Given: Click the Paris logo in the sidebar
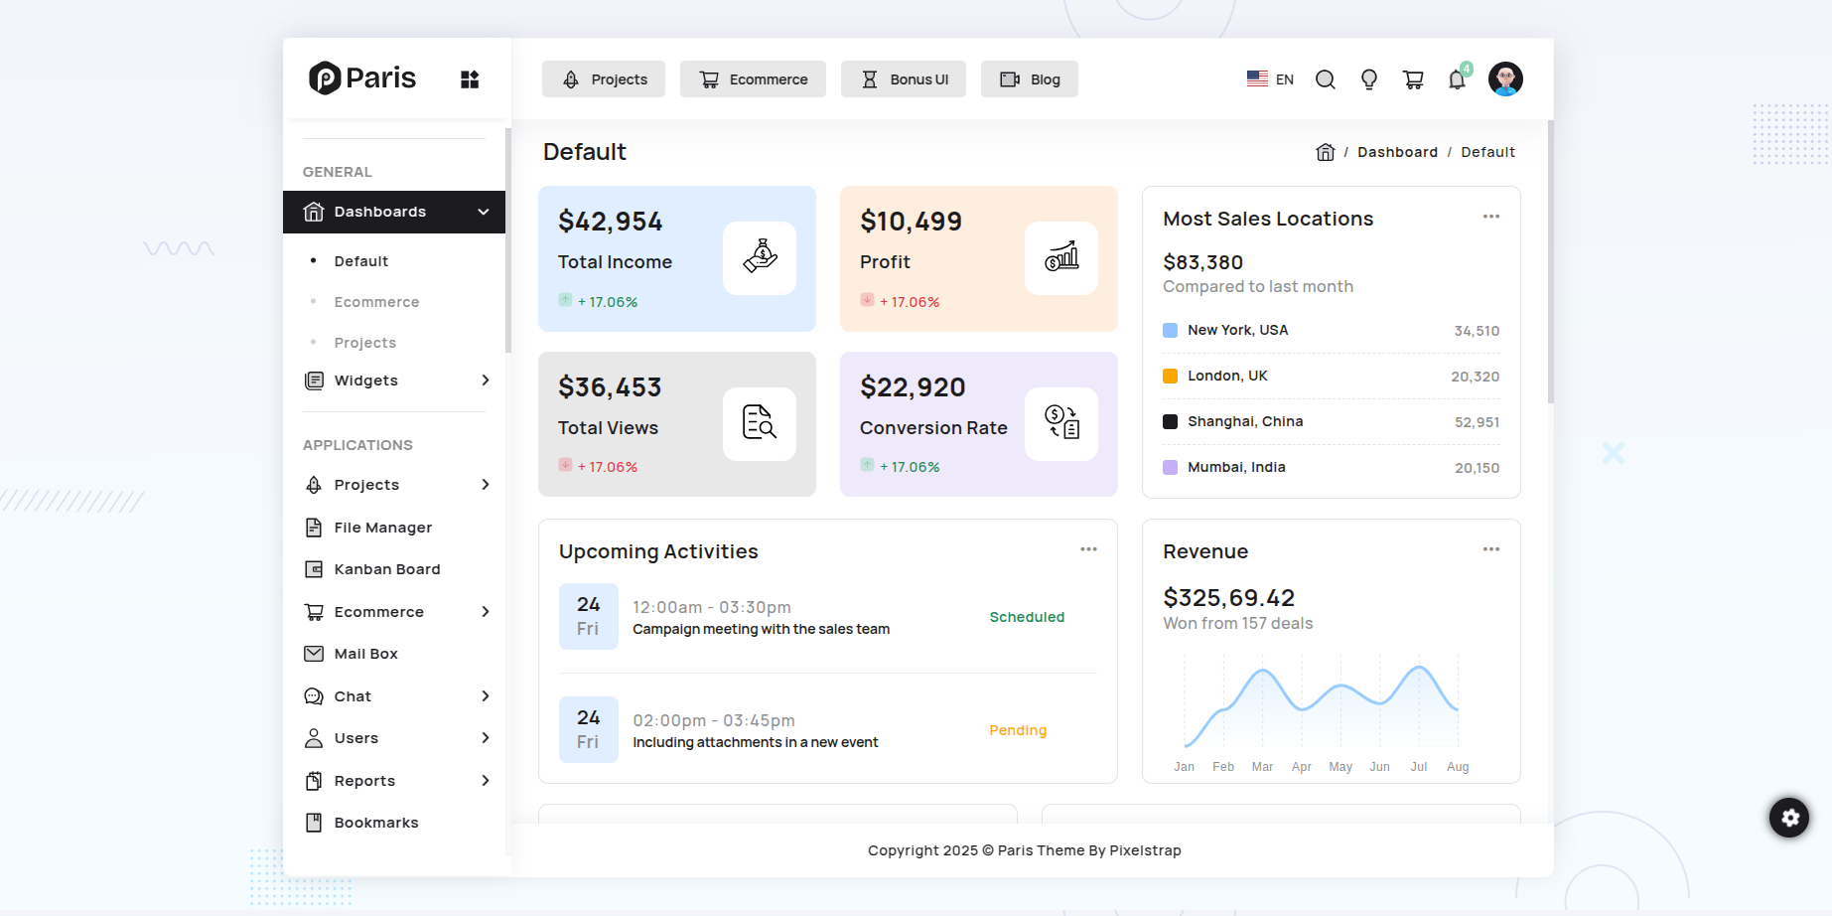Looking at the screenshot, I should coord(362,77).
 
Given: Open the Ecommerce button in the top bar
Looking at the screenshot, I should coord(753,79).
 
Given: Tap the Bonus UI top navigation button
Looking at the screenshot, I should coord(904,79).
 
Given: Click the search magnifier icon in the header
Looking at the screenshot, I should coord(1325,79).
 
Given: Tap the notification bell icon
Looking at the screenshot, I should coord(1457,79).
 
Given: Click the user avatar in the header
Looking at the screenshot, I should coord(1505,78).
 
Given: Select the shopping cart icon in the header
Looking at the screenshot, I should coord(1413,79).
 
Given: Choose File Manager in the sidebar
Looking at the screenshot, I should coord(382,528).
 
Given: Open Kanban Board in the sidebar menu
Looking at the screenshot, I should coord(386,569).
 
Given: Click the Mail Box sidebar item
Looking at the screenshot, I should coord(365,654).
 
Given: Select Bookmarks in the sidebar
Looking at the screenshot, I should coord(375,823).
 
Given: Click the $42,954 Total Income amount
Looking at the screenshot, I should coord(610,222).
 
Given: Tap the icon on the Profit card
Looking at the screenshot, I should coord(1060,258).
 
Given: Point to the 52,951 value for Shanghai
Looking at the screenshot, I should coord(1477,422).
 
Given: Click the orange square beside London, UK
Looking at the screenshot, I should coord(1170,376).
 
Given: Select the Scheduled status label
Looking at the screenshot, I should coord(1027,617).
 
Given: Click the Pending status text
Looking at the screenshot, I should coord(1018,730).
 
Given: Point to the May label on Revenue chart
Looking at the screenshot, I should coord(1340,767).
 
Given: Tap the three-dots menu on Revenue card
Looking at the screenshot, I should coord(1490,549).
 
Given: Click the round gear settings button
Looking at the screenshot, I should coord(1789,818).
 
